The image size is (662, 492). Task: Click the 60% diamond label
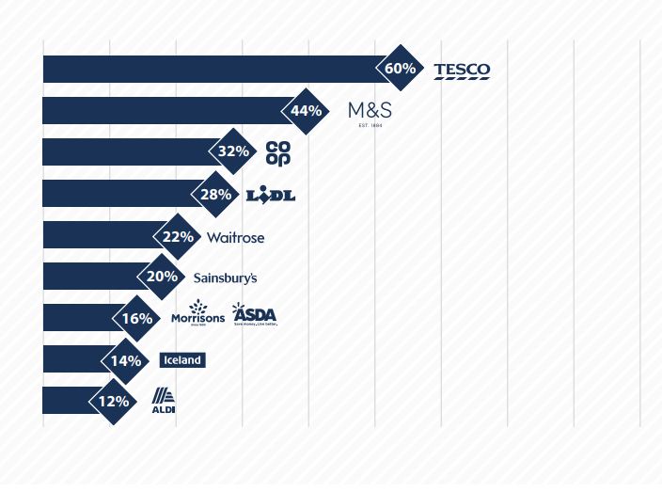(x=401, y=69)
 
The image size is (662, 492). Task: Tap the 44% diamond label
(x=307, y=111)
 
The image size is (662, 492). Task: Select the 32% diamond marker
(x=234, y=151)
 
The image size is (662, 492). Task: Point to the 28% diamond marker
(x=216, y=194)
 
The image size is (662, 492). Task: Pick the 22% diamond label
(x=178, y=236)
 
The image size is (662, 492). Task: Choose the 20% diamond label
(x=162, y=277)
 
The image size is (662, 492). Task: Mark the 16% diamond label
(x=137, y=318)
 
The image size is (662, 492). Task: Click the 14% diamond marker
(x=126, y=360)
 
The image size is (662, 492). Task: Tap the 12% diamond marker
(x=114, y=401)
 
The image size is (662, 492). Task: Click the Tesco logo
(x=462, y=71)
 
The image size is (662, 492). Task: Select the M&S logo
(x=370, y=110)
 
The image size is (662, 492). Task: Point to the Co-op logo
(x=278, y=152)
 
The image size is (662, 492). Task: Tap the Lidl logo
(x=271, y=195)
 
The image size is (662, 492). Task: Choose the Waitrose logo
(x=235, y=237)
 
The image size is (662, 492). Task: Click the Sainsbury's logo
(x=225, y=278)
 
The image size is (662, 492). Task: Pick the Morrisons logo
(x=198, y=313)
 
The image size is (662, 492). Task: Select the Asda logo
(x=255, y=314)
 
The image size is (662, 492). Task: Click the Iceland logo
(x=182, y=360)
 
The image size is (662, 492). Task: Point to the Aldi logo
(x=164, y=401)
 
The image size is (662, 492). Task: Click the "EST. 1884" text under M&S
(x=370, y=125)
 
